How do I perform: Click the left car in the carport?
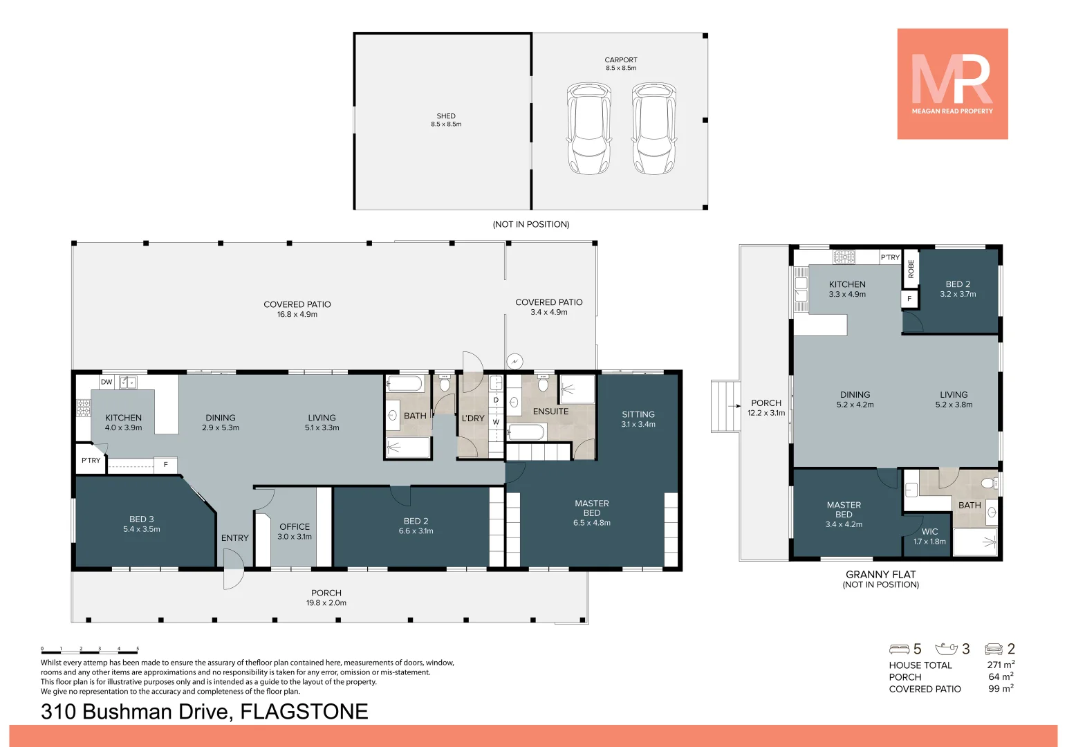[x=588, y=129]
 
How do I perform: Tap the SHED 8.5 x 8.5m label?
[x=446, y=120]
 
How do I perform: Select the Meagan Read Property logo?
[x=952, y=84]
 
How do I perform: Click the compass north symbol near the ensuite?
[x=514, y=361]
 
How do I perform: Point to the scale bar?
[x=90, y=650]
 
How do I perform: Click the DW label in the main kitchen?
[x=106, y=382]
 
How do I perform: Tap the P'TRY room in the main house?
[x=91, y=461]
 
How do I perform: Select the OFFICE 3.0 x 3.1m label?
[x=295, y=531]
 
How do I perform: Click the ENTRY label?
[x=235, y=538]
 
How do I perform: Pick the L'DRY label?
[x=473, y=418]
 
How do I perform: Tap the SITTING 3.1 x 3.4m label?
[x=638, y=419]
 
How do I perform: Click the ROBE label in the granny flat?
[x=911, y=268]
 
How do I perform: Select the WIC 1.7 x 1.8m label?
[x=929, y=537]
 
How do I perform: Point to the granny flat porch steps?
[x=725, y=406]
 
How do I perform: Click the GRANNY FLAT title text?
[x=880, y=575]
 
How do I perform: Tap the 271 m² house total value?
[x=1000, y=665]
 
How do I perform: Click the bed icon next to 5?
[x=899, y=649]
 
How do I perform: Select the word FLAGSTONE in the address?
[x=304, y=712]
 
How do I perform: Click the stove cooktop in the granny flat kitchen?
[x=844, y=257]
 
